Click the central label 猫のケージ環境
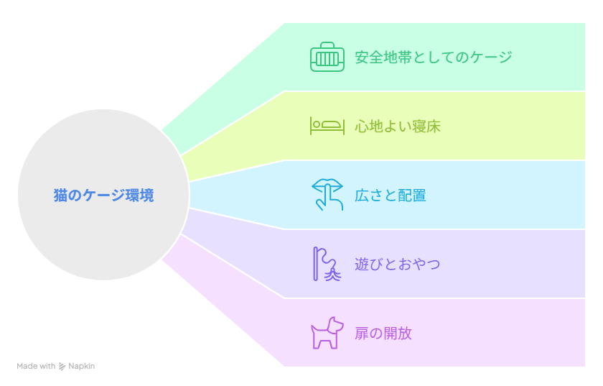(x=104, y=196)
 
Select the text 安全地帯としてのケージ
(x=434, y=57)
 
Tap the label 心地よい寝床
(x=398, y=127)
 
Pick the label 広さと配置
(x=391, y=196)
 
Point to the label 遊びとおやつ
(x=397, y=265)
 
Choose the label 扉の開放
(x=383, y=334)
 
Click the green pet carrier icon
(x=327, y=57)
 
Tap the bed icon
(x=327, y=126)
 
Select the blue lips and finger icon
(x=327, y=195)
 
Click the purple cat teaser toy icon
(x=327, y=264)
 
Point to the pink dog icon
(x=327, y=333)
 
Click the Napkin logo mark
(x=62, y=367)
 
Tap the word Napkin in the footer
(x=82, y=367)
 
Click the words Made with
(x=36, y=366)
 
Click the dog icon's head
(x=335, y=325)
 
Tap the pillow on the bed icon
(x=332, y=124)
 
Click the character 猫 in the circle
(x=60, y=196)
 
